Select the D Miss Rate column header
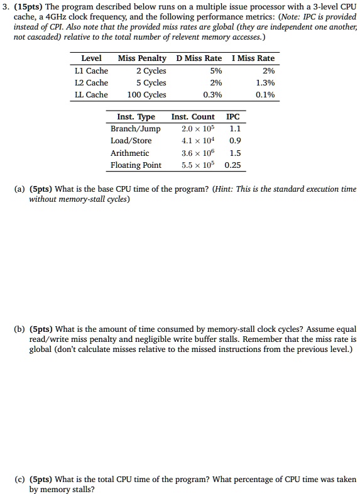point(199,58)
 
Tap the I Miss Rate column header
point(253,58)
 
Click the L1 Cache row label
point(92,70)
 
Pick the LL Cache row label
point(92,95)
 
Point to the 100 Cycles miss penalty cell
point(147,95)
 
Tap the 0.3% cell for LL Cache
point(212,95)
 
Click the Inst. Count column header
point(193,117)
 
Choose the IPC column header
point(232,117)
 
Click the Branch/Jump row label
point(136,129)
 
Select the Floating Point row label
point(136,165)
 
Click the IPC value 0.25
point(233,165)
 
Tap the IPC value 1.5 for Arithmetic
point(235,153)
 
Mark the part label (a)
point(20,189)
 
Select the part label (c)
point(20,480)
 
